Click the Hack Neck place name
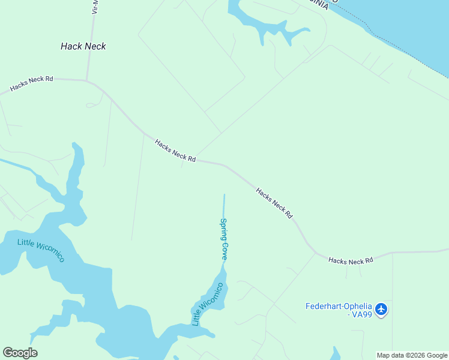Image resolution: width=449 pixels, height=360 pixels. coord(83,46)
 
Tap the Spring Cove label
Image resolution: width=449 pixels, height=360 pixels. coord(224,239)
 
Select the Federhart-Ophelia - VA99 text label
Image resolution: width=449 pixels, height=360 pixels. coord(339,310)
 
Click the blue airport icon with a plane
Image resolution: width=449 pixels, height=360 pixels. coord(381,310)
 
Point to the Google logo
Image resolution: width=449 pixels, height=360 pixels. coord(20,353)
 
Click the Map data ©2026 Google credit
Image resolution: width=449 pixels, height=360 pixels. coord(412,355)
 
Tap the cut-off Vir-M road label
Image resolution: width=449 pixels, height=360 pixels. coord(94,7)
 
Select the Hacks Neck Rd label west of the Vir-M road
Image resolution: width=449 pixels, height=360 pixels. coord(32,83)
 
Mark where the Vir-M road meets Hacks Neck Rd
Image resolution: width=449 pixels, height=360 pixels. coord(87,80)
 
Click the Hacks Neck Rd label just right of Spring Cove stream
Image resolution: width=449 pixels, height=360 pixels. coord(274,203)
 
